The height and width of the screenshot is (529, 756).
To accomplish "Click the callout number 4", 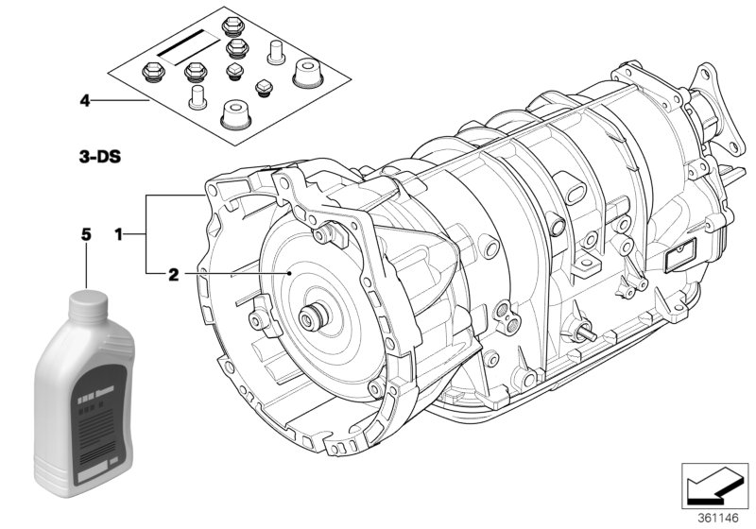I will coord(85,99).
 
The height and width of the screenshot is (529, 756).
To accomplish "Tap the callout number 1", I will coord(118,232).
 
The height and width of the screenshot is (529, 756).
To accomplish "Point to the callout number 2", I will coord(173,276).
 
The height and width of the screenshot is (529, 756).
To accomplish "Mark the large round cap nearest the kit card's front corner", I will coord(234,116).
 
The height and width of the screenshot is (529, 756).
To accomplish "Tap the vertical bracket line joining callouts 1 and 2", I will coord(145,232).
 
